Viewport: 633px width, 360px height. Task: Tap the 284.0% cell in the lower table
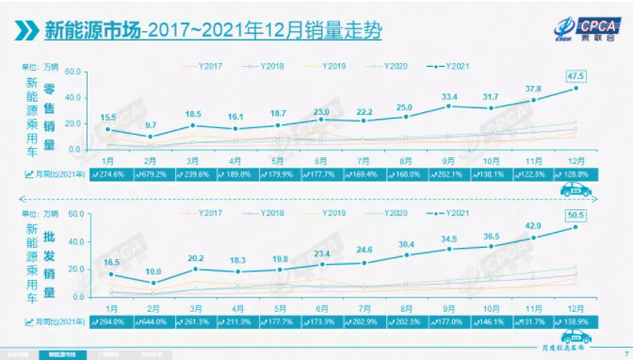[109, 320]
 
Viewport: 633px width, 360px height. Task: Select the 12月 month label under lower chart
[575, 305]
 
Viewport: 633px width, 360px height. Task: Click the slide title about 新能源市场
[212, 31]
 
